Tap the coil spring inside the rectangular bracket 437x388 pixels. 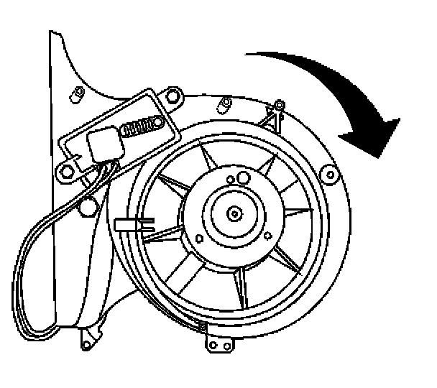coord(138,127)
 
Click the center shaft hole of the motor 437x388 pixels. coord(234,213)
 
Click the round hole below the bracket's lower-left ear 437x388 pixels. coord(88,208)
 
